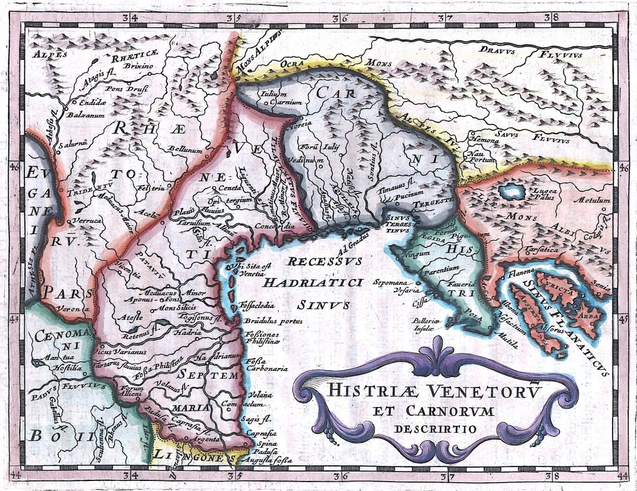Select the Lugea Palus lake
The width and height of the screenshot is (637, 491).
(512, 191)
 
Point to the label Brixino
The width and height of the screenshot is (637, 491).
(135, 65)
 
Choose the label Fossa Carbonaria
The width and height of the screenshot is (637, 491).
(266, 365)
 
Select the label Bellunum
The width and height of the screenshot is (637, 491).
(185, 149)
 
